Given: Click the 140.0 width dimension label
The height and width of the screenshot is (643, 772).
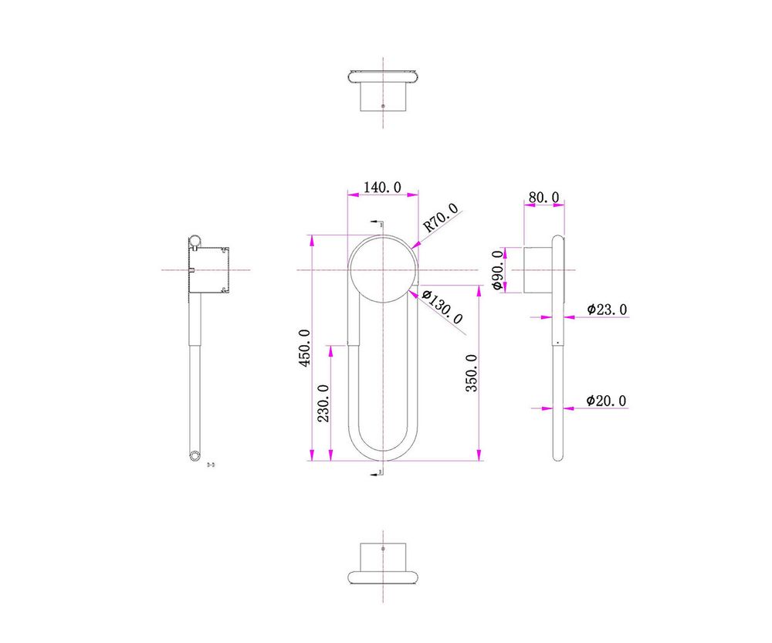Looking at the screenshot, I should (x=382, y=188).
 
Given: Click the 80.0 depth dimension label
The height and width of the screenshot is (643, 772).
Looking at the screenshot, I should (x=543, y=198).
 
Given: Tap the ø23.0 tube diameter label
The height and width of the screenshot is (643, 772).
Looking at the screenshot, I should (x=607, y=310).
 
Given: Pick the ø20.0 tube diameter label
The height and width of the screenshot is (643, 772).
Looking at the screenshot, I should (x=606, y=401).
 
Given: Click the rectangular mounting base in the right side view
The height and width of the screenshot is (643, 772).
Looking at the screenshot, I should (x=537, y=270).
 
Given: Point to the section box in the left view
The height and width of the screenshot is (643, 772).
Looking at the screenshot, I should (x=209, y=270).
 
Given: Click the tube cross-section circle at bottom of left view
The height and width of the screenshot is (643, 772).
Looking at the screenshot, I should (x=195, y=455).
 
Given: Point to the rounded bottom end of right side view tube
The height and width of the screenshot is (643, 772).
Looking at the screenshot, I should (x=558, y=455).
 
